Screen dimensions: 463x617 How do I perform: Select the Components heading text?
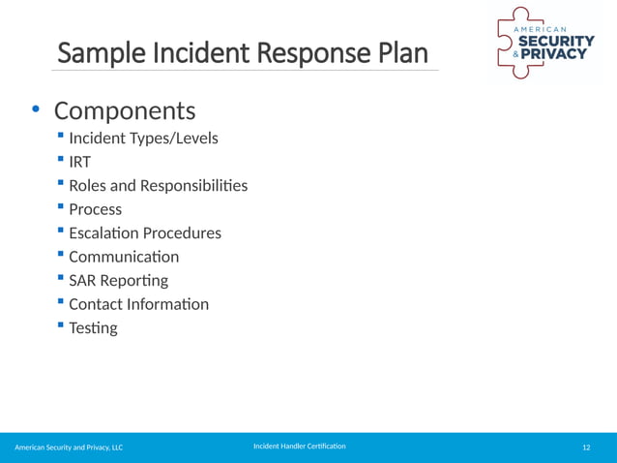[x=125, y=109]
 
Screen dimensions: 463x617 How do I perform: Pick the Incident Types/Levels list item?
[x=143, y=139]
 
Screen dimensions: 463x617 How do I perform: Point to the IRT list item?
[x=79, y=162]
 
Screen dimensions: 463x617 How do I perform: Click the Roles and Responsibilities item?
[x=158, y=185]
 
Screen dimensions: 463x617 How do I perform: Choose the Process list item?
[x=95, y=209]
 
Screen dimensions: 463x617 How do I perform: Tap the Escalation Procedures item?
[x=144, y=233]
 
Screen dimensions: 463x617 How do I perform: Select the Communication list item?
[x=124, y=257]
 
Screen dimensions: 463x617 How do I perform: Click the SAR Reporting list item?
[x=118, y=281]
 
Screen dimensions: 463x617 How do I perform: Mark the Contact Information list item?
[x=138, y=304]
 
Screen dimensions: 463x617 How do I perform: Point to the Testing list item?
[x=93, y=328]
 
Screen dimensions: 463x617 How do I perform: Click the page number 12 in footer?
[x=586, y=448]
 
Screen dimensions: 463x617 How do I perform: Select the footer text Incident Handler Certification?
[x=299, y=447]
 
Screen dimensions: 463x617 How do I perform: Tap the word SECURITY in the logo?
[x=557, y=41]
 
